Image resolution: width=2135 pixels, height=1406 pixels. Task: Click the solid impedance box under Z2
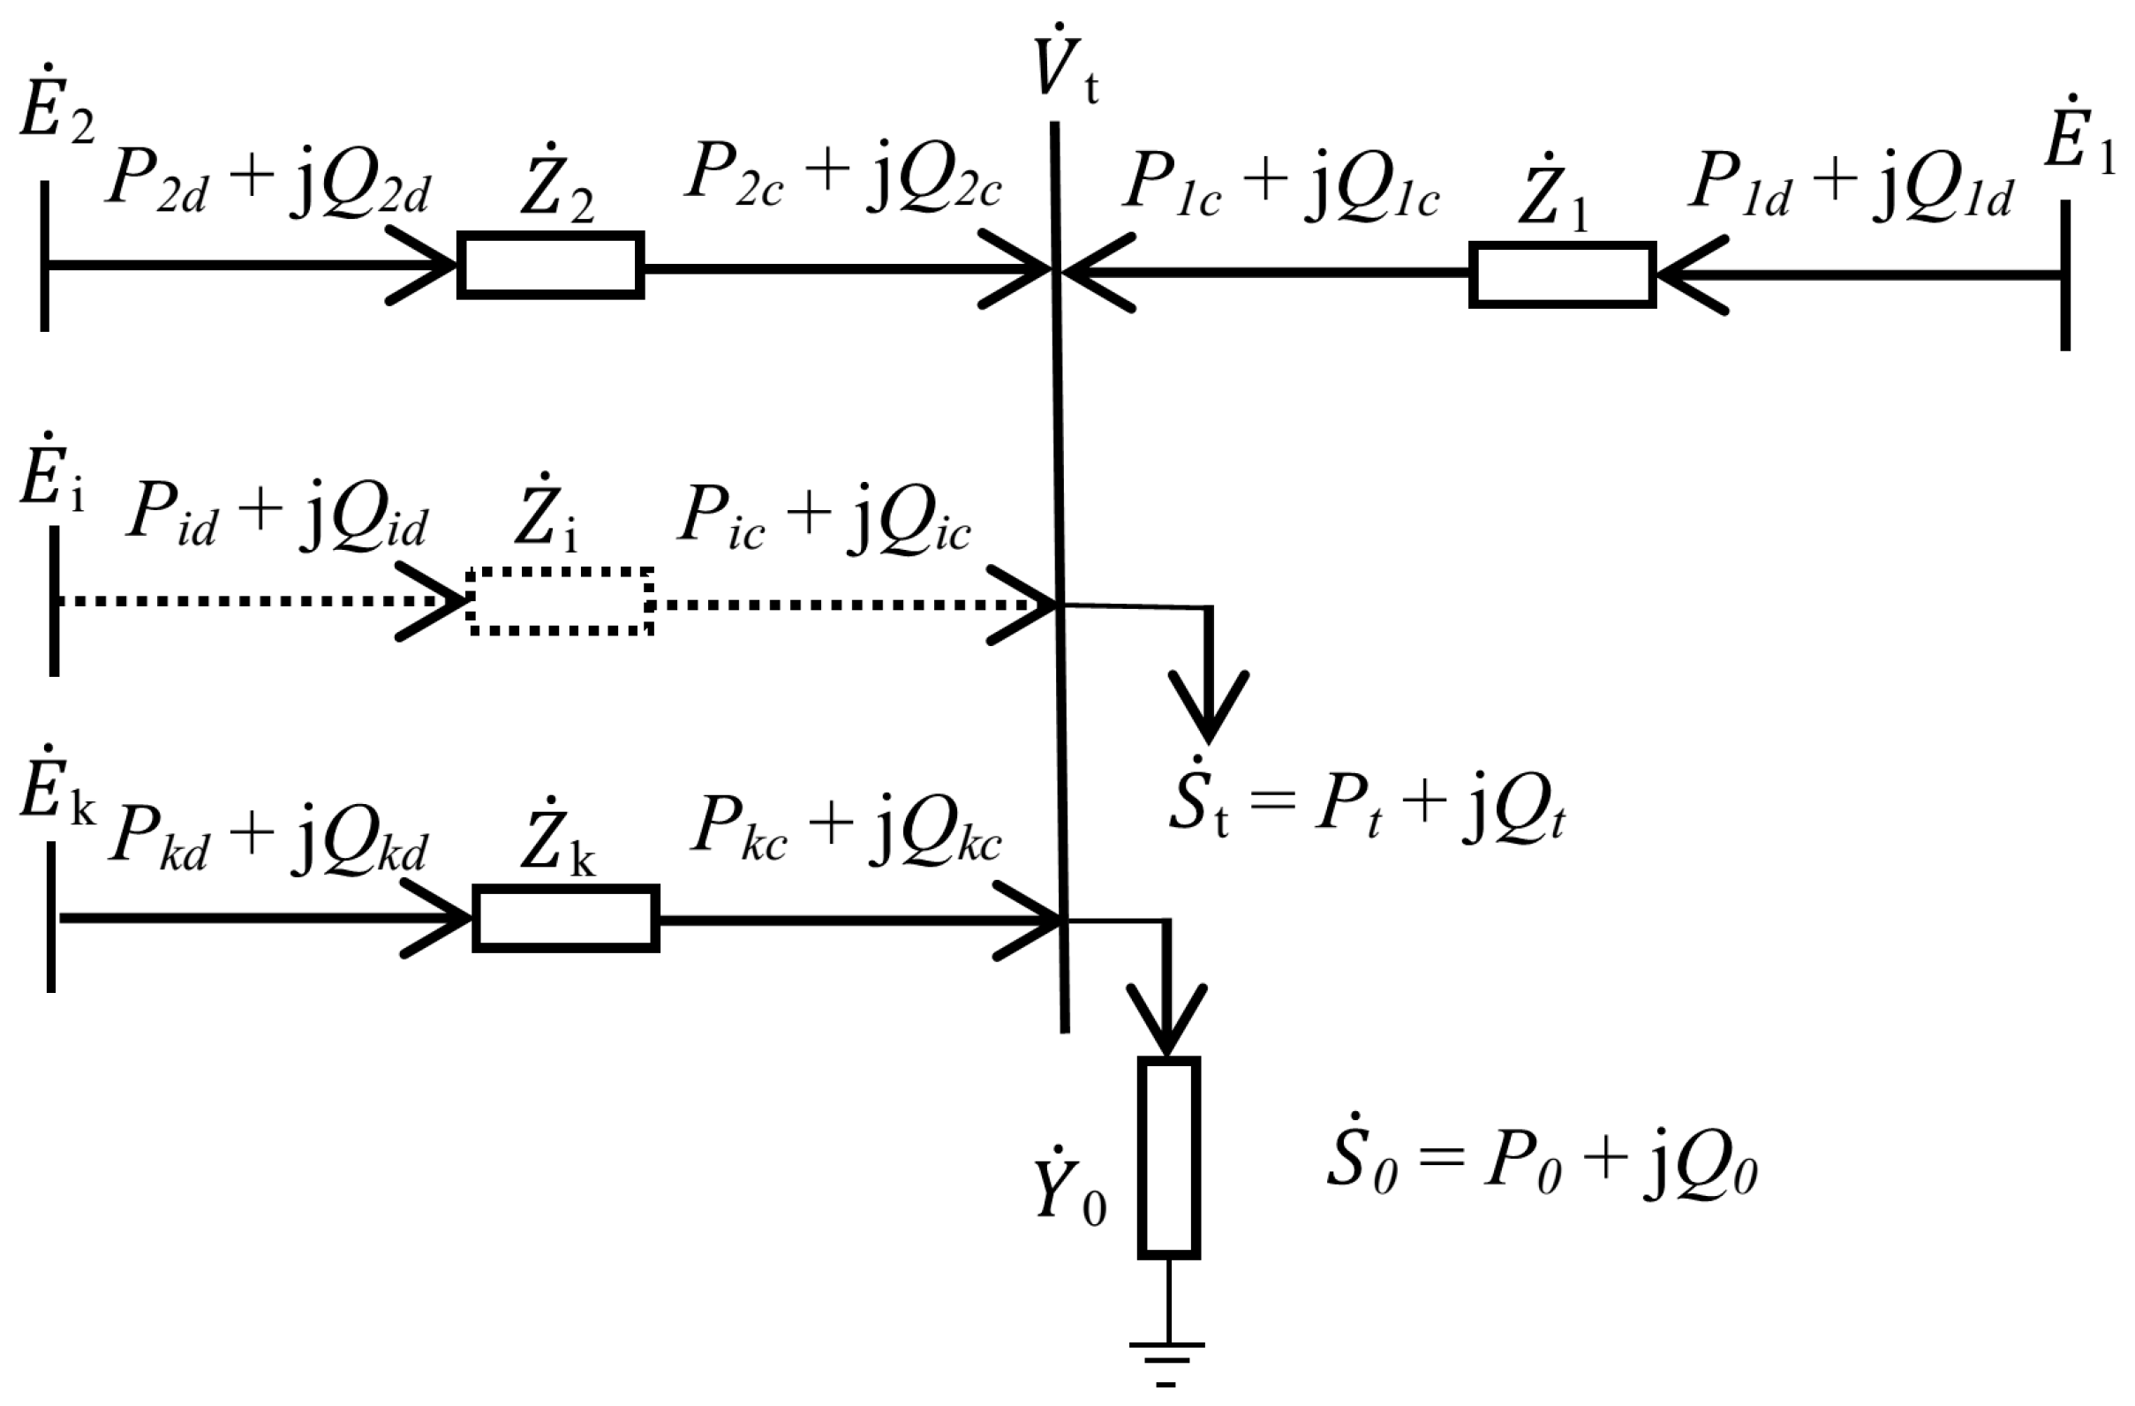[x=551, y=266]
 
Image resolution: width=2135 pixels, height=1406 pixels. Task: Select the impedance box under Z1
[x=1562, y=275]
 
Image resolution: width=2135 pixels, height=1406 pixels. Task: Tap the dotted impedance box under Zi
[x=561, y=602]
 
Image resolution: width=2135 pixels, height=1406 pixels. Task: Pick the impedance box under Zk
[x=566, y=918]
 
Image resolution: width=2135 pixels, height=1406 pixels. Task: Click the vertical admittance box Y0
[x=1169, y=1157]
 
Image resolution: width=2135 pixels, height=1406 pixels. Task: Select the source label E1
[x=2078, y=152]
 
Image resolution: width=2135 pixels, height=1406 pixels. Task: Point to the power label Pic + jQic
[x=824, y=521]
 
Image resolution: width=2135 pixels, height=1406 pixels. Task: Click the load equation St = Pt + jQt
[x=1367, y=809]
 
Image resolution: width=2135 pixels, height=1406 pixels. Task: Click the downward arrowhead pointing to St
[x=1209, y=708]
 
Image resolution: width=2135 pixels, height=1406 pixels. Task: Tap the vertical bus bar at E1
[x=2065, y=274]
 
